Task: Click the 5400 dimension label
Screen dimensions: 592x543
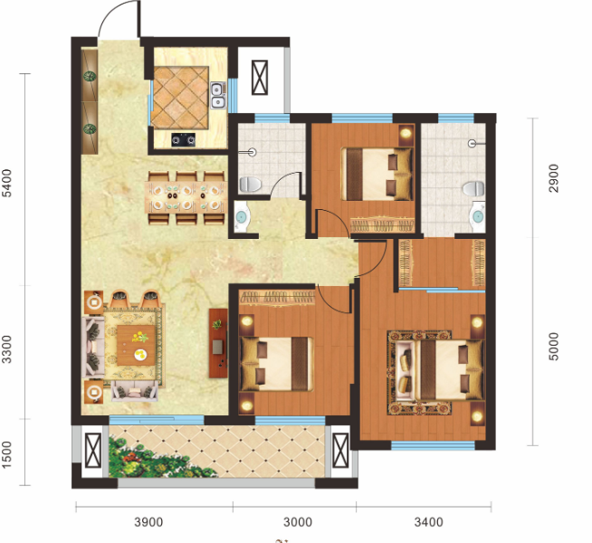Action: click(7, 184)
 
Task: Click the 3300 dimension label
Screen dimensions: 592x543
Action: click(7, 349)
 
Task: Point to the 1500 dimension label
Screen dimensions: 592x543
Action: click(7, 455)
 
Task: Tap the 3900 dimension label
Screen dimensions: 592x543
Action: click(148, 522)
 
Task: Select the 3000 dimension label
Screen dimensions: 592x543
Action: click(298, 522)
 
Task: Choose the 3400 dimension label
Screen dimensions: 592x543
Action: click(428, 522)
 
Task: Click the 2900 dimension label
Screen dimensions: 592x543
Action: click(553, 178)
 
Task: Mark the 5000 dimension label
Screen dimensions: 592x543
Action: click(553, 347)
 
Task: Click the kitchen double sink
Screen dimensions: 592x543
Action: click(217, 95)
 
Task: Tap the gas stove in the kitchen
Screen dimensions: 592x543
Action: click(184, 139)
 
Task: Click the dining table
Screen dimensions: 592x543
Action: click(186, 195)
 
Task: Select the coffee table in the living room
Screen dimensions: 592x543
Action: click(136, 345)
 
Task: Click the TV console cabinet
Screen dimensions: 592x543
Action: click(218, 343)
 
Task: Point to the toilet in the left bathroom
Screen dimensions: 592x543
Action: click(250, 185)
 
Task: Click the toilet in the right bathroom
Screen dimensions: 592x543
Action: click(473, 188)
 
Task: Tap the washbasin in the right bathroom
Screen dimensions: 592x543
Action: click(477, 217)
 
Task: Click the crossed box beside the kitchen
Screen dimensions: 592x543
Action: click(260, 77)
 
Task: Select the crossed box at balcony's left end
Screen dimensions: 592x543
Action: click(93, 450)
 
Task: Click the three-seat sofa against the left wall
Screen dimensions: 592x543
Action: click(93, 347)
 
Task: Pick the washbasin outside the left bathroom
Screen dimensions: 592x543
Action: click(241, 217)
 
